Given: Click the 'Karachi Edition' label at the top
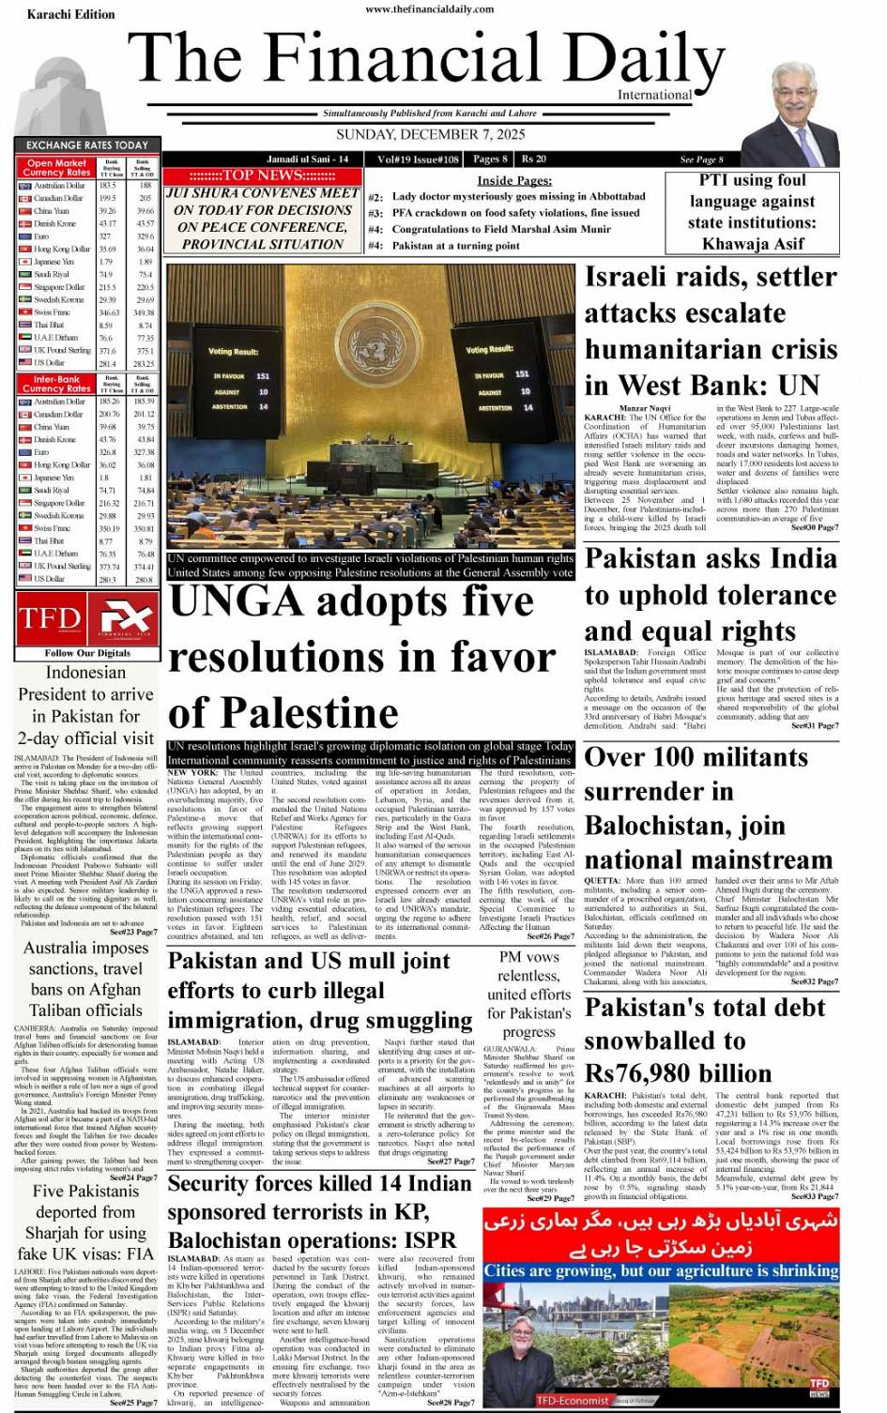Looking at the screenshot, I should (70, 15).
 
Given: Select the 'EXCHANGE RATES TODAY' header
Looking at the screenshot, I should (87, 145).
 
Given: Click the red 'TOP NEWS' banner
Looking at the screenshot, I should (262, 175).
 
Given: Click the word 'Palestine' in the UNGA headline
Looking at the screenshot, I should (283, 713).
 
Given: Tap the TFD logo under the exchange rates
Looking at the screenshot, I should (50, 618).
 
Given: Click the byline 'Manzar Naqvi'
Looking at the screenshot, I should (644, 408).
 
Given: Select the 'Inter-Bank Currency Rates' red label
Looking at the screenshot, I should (57, 384).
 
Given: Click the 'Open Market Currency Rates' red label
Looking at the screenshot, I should (57, 168).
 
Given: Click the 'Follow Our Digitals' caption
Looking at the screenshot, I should (87, 653).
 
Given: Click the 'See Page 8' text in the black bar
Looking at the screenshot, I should (701, 160).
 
